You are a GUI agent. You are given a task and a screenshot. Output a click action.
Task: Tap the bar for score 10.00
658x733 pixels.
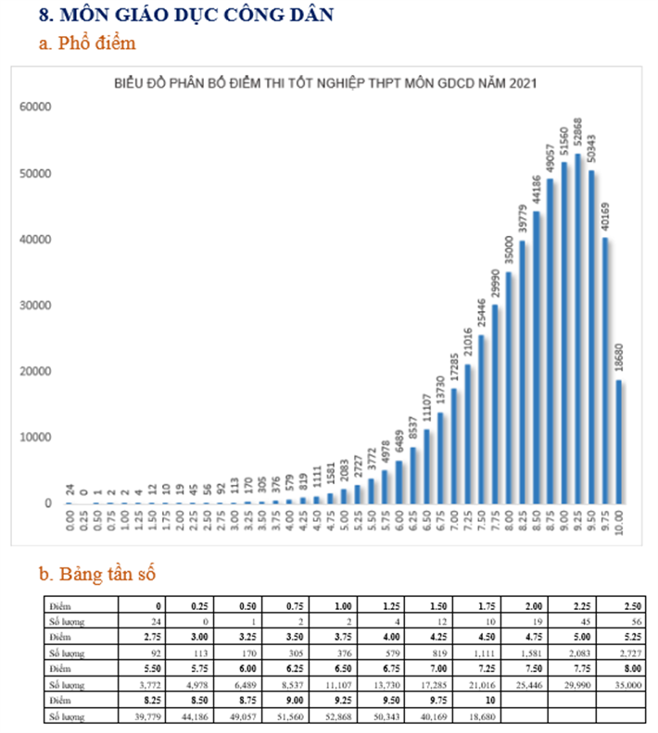pyautogui.click(x=618, y=441)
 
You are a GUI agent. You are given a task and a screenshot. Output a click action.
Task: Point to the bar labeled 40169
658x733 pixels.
pyautogui.click(x=604, y=370)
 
